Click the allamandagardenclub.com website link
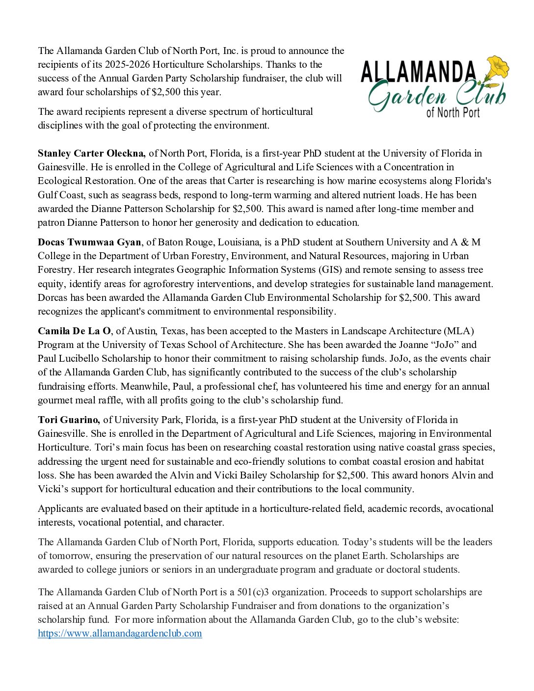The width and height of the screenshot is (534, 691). point(120,633)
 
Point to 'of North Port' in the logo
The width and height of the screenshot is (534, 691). point(453,112)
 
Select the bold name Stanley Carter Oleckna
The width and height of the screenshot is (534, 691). point(91,153)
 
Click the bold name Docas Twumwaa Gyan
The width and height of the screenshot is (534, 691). point(90,242)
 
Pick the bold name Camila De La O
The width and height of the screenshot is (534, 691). point(74,331)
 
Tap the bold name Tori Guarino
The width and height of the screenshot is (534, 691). point(69,420)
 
